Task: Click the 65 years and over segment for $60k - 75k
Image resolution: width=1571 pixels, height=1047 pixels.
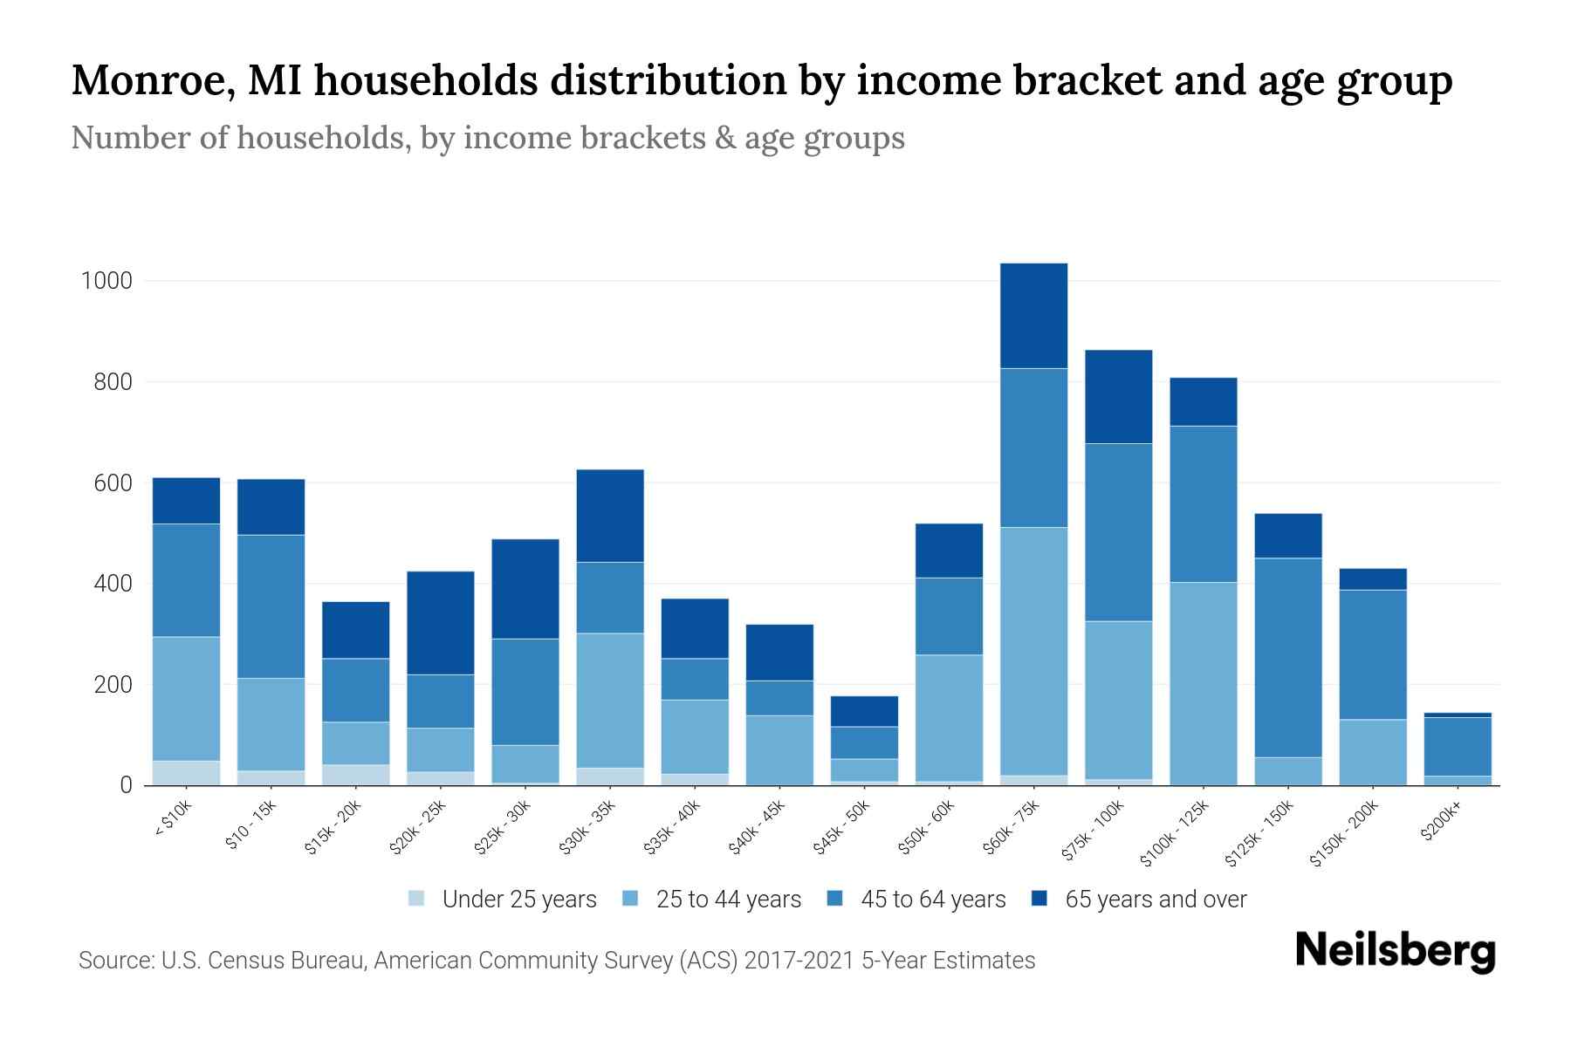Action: pyautogui.click(x=1033, y=316)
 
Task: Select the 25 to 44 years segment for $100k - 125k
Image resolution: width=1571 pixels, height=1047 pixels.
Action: pyautogui.click(x=1204, y=683)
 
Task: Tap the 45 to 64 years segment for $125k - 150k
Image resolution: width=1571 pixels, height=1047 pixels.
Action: pyautogui.click(x=1288, y=658)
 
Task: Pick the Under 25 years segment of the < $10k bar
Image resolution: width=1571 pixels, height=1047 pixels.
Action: pyautogui.click(x=186, y=773)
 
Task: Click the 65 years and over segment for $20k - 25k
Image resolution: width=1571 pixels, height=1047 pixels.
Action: pyautogui.click(x=441, y=623)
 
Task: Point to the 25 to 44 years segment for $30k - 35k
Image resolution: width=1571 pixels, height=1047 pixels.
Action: pyautogui.click(x=610, y=701)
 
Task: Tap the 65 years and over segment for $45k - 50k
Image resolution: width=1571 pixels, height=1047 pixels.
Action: pyautogui.click(x=865, y=711)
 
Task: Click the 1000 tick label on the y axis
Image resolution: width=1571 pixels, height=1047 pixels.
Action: pyautogui.click(x=106, y=281)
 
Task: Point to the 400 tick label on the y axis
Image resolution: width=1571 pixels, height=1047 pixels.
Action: pyautogui.click(x=113, y=584)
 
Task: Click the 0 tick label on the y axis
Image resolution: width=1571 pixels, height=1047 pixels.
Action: pyautogui.click(x=127, y=785)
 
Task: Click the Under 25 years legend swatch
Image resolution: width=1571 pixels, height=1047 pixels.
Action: pyautogui.click(x=416, y=899)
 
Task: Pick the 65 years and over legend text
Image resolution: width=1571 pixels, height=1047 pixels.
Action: pyautogui.click(x=1156, y=900)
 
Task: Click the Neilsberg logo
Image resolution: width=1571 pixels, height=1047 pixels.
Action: pyautogui.click(x=1395, y=950)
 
